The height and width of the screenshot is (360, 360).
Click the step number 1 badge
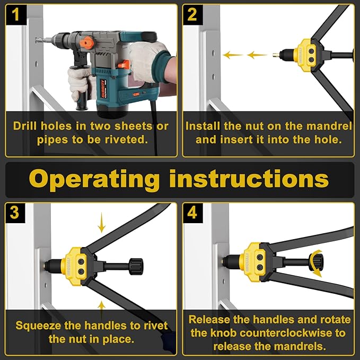16,14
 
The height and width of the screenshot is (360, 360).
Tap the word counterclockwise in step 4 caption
294,333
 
